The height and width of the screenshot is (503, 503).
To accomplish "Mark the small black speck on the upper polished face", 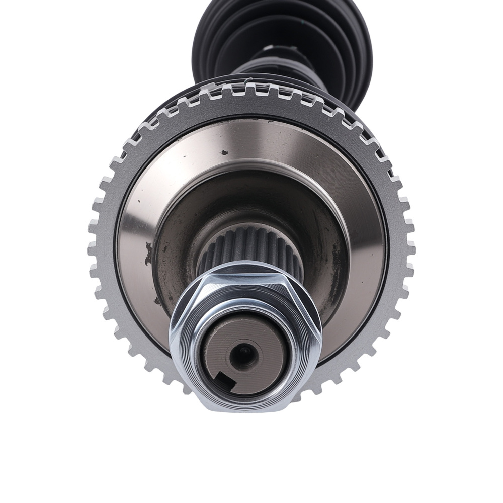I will [x=224, y=152].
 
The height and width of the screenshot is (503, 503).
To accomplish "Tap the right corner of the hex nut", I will [x=320, y=332].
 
